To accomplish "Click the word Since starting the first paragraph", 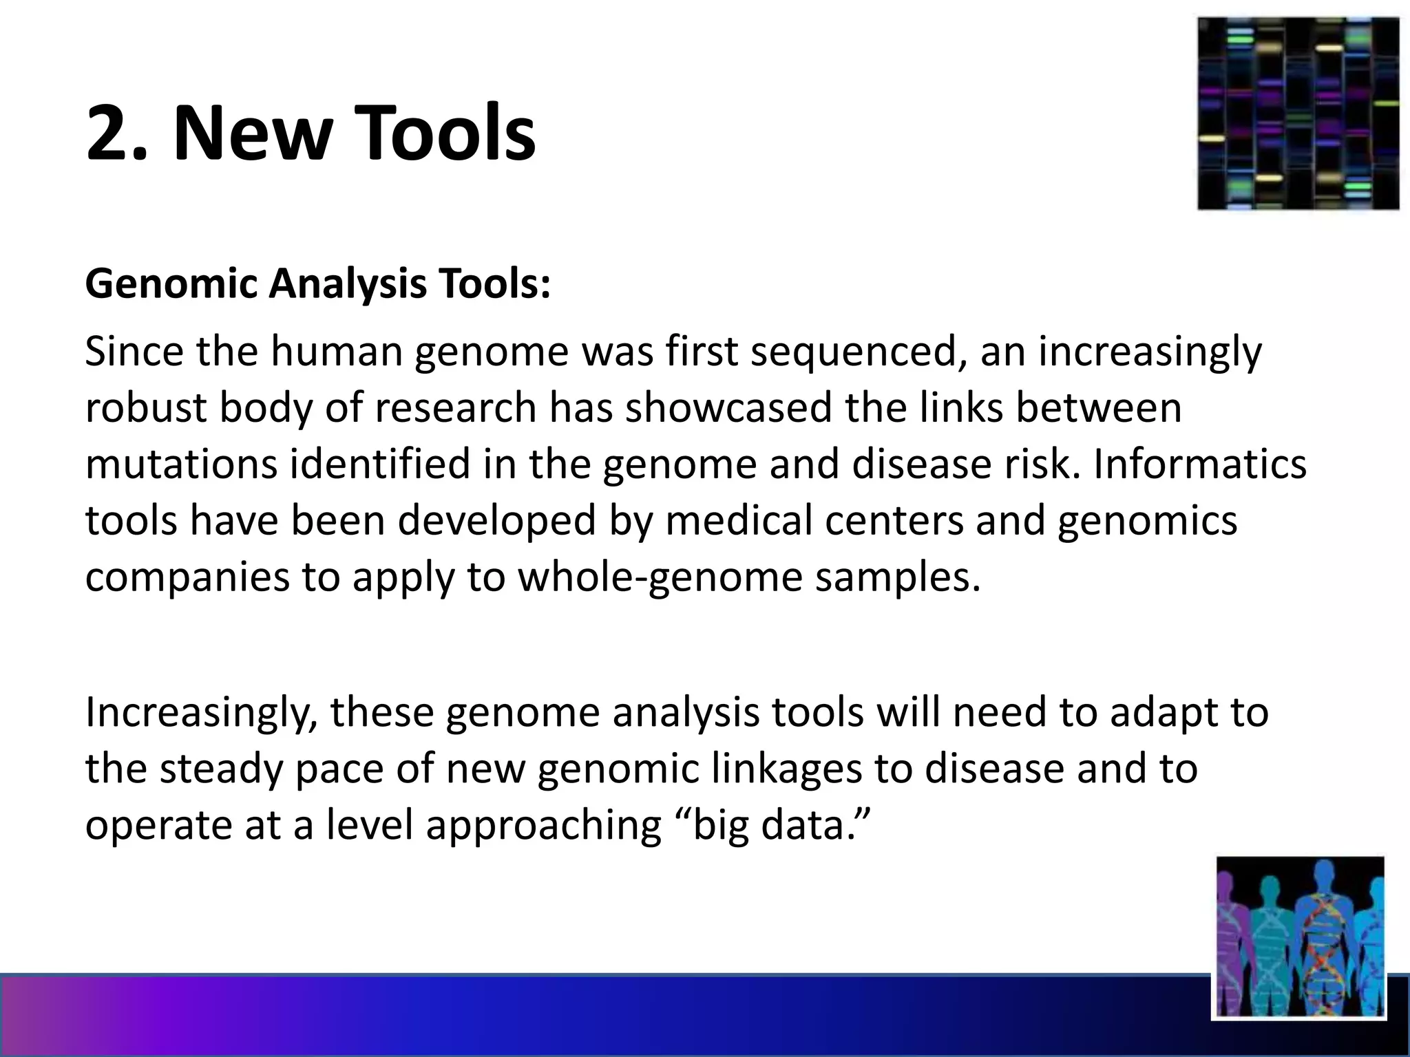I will point(134,352).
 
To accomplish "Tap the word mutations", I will point(181,464).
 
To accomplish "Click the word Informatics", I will point(1199,464).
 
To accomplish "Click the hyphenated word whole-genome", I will point(660,577).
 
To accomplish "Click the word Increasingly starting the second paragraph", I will point(201,712).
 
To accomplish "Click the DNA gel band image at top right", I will point(1298,114).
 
